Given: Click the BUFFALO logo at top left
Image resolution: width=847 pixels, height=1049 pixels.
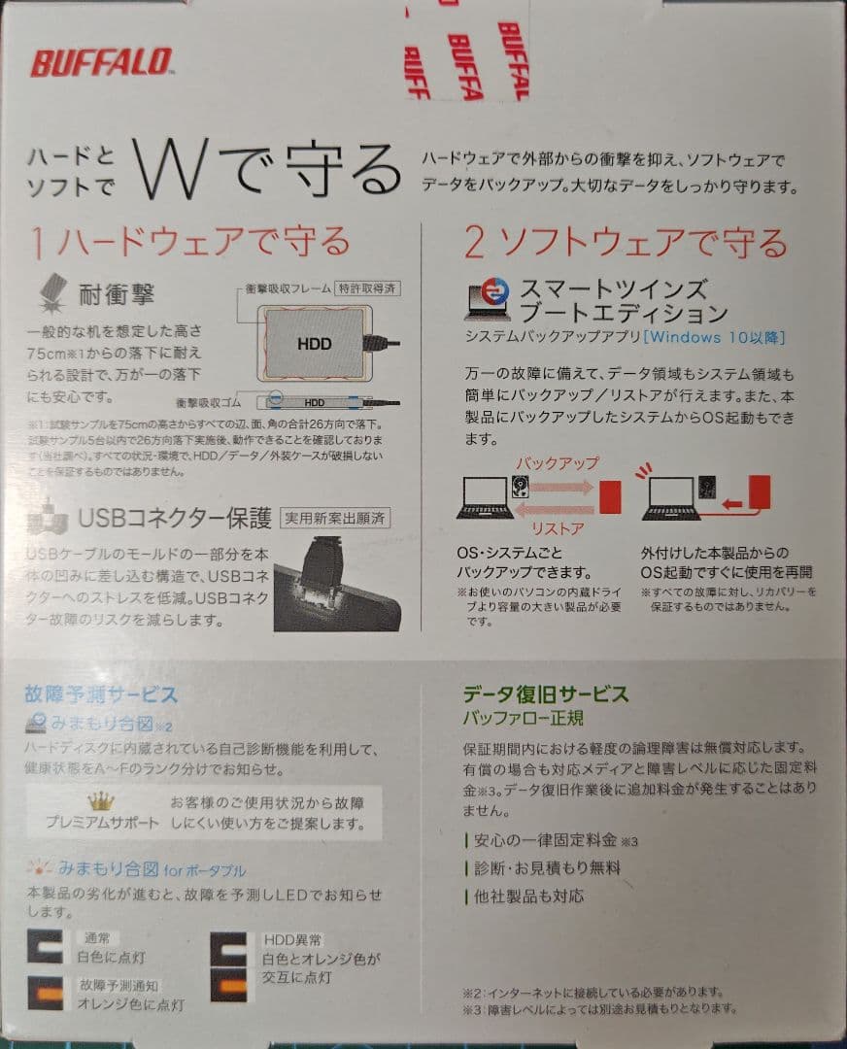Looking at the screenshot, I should pos(102,63).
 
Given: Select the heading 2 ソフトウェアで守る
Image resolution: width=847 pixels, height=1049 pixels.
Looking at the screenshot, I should pos(626,243).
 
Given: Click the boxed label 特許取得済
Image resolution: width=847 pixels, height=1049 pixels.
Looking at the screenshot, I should pos(368,288).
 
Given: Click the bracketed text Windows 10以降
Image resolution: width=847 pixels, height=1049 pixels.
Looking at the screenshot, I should pos(714,338).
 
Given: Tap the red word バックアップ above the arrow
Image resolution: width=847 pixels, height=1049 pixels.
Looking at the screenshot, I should pos(557,462).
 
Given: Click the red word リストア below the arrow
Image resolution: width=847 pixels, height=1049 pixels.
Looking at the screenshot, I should pos(557,528).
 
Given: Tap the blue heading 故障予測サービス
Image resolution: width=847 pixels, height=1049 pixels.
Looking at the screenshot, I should pos(101,694).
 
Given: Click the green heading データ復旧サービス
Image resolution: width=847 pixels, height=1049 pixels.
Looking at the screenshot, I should pos(545,694).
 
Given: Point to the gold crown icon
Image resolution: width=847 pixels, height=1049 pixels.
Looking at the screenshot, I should pos(101,801).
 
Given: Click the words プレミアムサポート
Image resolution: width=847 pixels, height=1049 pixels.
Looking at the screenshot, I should pos(102,823).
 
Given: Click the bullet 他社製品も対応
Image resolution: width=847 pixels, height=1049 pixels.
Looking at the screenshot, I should pos(530,896).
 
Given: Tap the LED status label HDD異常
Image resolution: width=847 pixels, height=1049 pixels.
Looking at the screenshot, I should pos(293,940).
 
